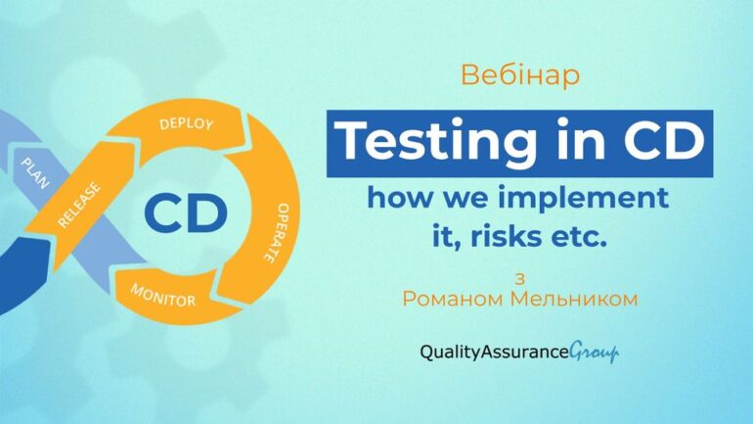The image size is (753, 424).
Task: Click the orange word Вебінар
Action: [520, 75]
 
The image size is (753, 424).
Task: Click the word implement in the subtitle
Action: [583, 198]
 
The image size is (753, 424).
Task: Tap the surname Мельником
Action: [574, 299]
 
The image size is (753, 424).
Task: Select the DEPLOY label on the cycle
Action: [187, 123]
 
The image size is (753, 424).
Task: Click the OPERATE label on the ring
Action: [277, 233]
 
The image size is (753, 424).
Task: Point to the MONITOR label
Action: [163, 296]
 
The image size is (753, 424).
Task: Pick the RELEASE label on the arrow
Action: [79, 205]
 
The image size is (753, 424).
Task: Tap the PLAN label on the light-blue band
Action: [35, 173]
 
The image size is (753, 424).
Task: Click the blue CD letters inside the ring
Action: [186, 213]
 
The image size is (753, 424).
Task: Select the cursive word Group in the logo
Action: [594, 353]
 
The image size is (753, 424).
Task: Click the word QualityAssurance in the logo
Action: [494, 353]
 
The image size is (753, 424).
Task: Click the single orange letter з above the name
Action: [519, 279]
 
